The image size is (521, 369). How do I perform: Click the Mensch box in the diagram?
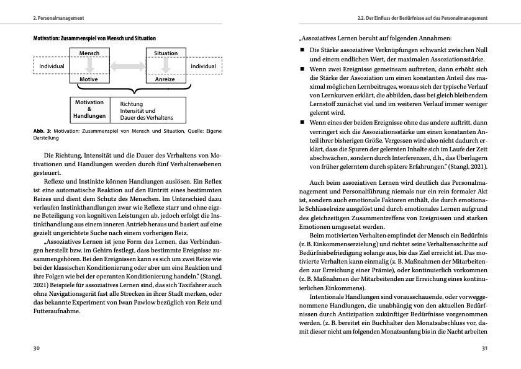(x=89, y=54)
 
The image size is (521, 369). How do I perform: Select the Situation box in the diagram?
(x=166, y=54)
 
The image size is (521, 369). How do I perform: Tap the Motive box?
(x=89, y=79)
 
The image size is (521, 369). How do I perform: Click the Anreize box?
(x=166, y=79)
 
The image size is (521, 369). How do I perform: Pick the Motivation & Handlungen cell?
(x=89, y=109)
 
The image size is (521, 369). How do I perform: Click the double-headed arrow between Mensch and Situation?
(x=127, y=66)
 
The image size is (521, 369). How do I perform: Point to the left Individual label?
(x=52, y=66)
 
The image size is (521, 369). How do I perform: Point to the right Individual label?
(x=203, y=66)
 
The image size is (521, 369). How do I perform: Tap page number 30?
(x=36, y=349)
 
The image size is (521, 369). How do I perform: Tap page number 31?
(x=485, y=349)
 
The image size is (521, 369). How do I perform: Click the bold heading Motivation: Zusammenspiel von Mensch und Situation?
(x=94, y=38)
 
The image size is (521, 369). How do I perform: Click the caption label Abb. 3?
(x=42, y=131)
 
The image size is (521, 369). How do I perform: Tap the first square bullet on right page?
(x=302, y=49)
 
